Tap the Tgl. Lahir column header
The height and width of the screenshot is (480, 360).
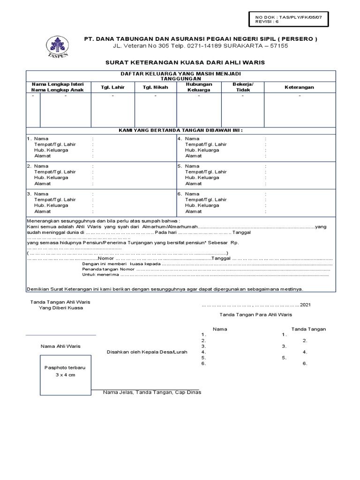click(x=112, y=87)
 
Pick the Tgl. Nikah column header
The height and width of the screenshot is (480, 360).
click(x=156, y=87)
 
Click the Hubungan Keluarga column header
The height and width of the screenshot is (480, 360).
click(x=199, y=87)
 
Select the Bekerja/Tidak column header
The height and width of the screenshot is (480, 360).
click(x=243, y=87)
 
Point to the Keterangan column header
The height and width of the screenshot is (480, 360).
click(x=300, y=87)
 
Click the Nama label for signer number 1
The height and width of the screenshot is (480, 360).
click(x=41, y=139)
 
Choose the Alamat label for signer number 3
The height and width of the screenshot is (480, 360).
click(x=42, y=211)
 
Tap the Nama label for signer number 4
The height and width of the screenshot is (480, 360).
click(x=192, y=139)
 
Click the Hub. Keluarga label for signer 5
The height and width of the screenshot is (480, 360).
click(x=202, y=178)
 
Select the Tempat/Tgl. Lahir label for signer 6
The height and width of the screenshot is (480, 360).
click(x=206, y=200)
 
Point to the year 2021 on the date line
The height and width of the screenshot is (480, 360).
click(x=305, y=305)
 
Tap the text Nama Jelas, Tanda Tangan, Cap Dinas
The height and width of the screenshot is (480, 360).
click(x=152, y=392)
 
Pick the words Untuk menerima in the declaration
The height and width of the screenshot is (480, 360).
click(x=97, y=275)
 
